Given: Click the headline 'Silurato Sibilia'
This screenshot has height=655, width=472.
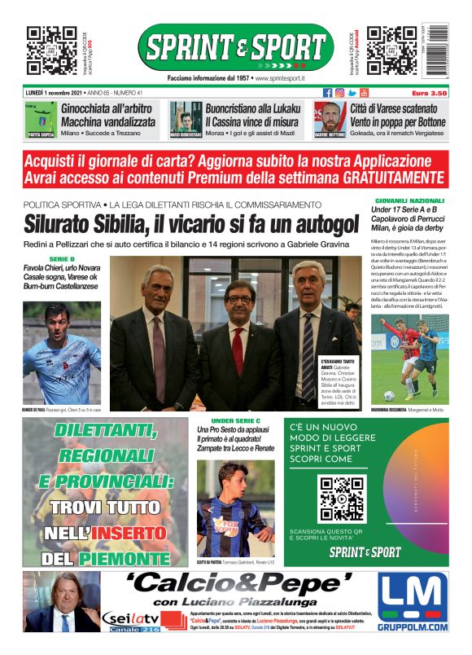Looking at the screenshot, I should [190, 223].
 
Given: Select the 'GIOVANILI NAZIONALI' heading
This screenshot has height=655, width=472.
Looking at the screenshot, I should [409, 200].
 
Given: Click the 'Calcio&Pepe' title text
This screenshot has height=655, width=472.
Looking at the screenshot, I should [241, 583].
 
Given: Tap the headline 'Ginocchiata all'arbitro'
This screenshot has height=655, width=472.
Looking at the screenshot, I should [107, 108].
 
